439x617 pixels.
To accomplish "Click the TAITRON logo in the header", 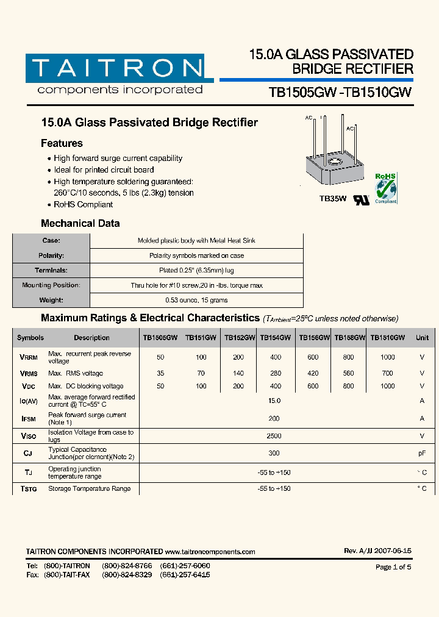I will click(116, 68).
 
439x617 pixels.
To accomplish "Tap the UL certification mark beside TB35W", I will click(362, 200).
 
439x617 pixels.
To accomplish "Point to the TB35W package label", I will click(333, 198).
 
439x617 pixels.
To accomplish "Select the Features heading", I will click(62, 143).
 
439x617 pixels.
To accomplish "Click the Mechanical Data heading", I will click(80, 223).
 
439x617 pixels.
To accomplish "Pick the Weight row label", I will click(51, 300).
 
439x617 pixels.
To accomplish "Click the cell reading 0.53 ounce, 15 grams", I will click(196, 300).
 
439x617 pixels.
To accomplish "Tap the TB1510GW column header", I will click(387, 337).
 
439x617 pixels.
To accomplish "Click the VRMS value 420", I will click(313, 373).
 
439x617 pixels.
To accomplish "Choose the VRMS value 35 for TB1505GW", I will click(160, 373).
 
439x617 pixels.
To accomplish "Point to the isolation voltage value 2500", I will click(274, 436).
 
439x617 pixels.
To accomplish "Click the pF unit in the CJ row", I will click(421, 454).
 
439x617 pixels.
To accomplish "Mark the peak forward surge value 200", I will click(274, 419).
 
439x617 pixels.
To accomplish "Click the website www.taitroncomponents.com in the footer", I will click(210, 552).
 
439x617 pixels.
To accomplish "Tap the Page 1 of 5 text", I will click(393, 567).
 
